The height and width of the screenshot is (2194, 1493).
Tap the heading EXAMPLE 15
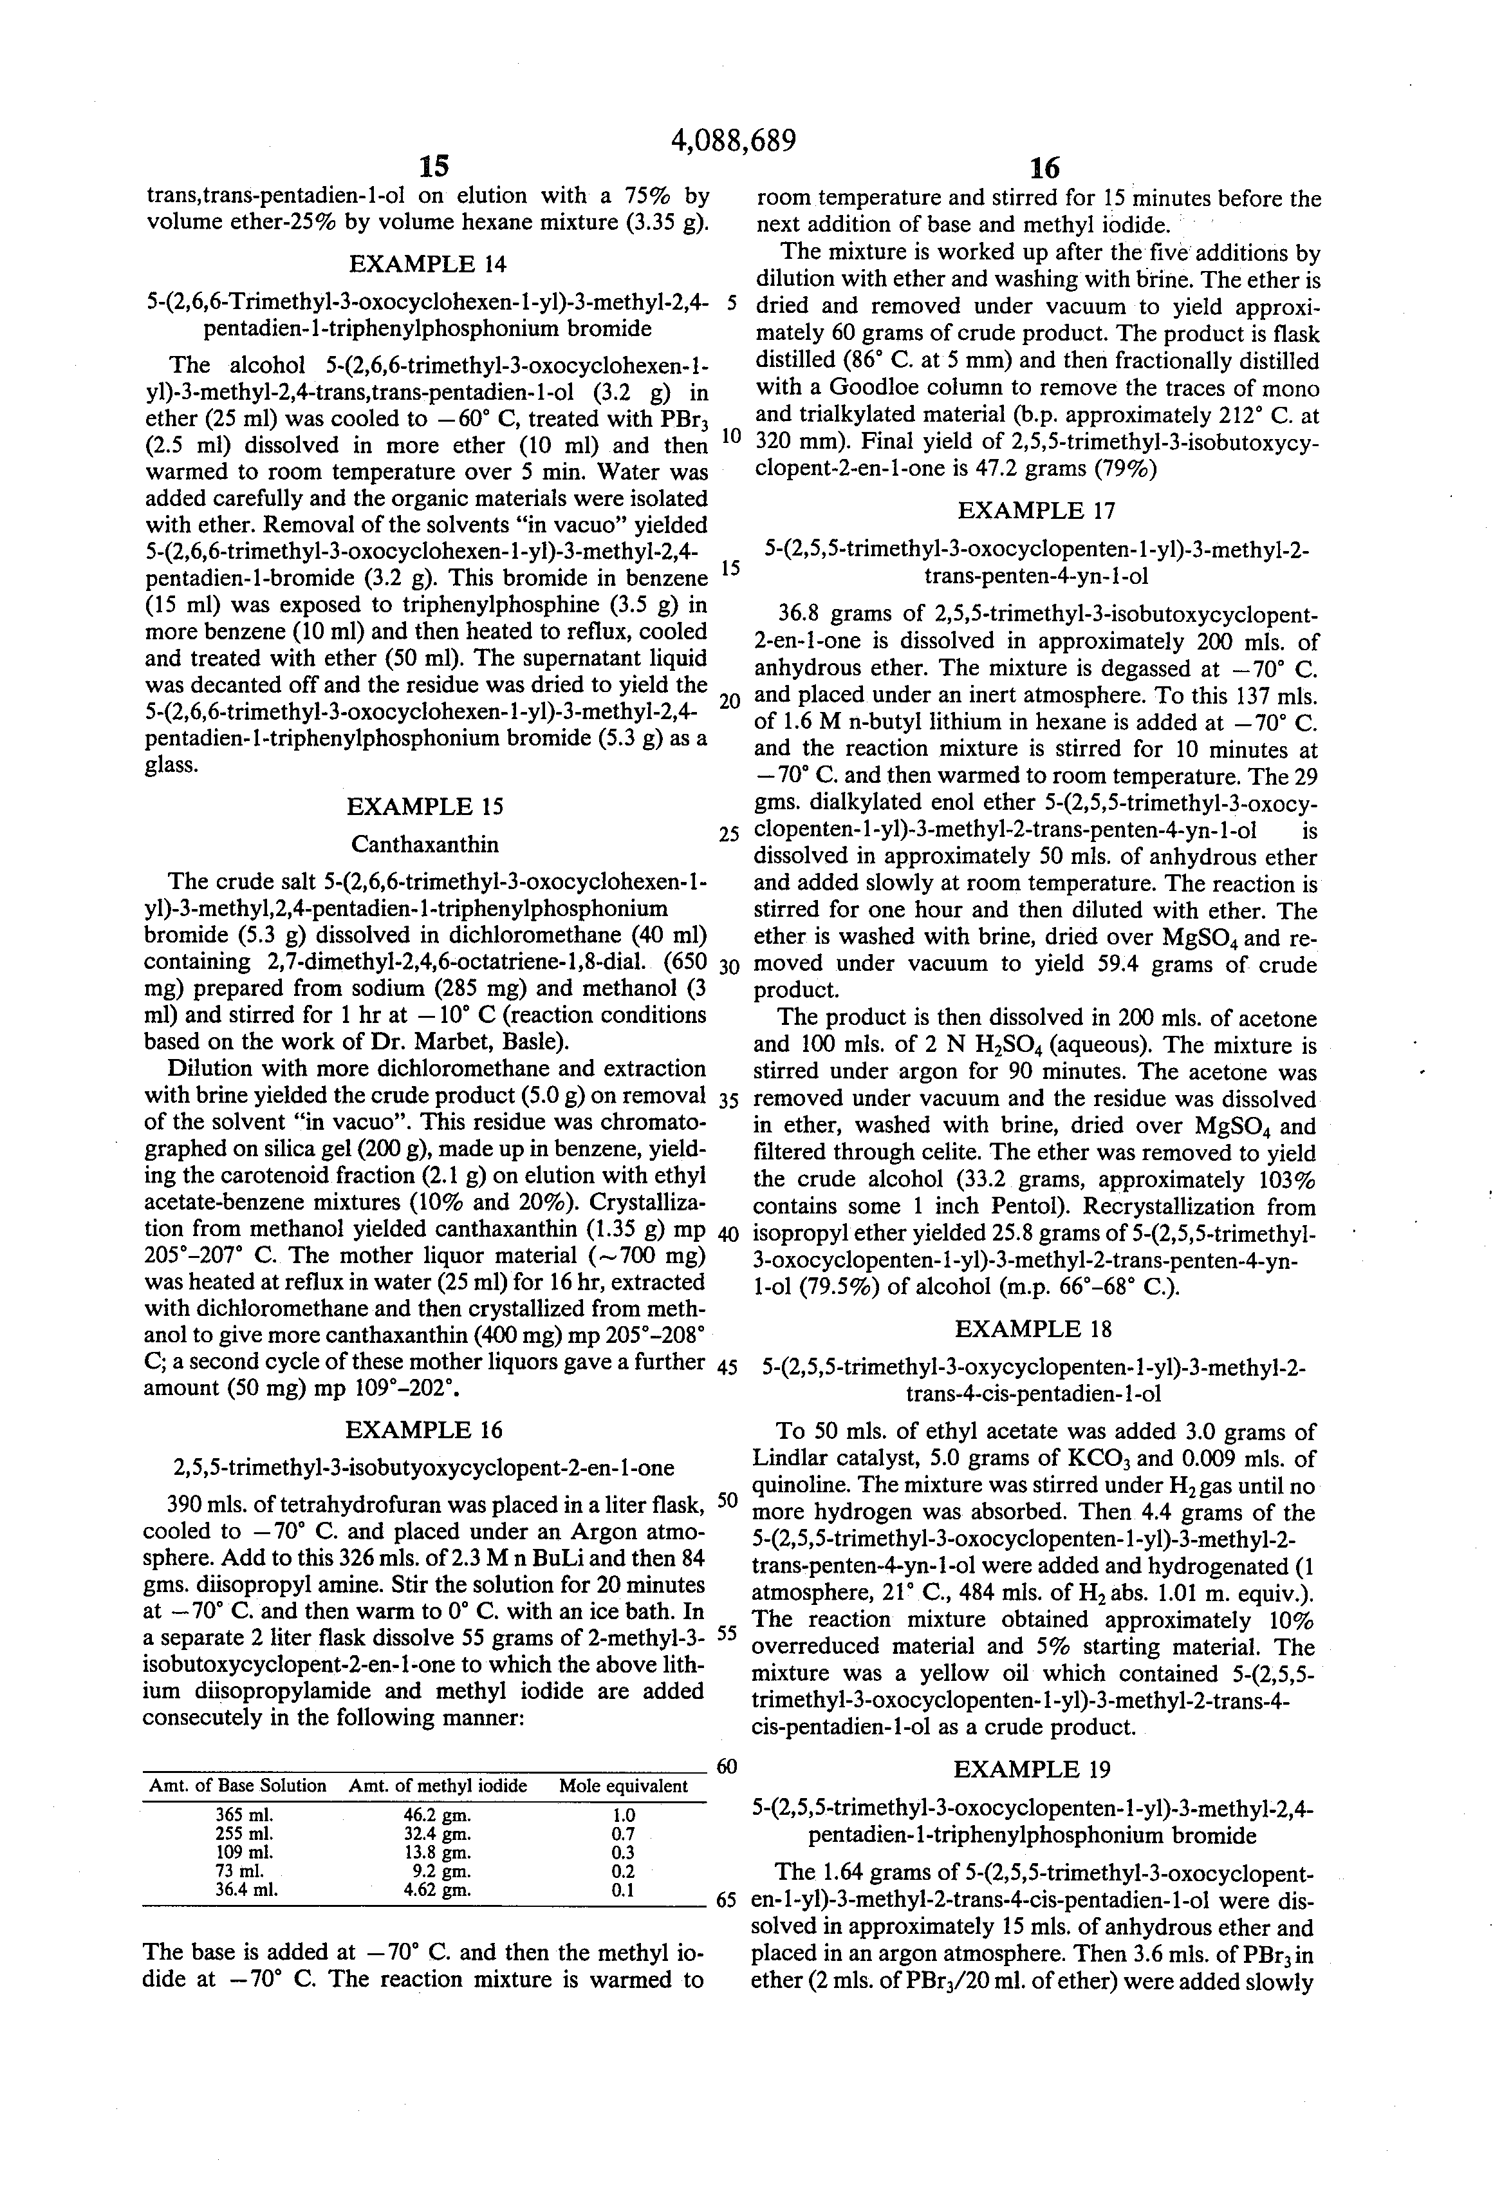click(x=425, y=806)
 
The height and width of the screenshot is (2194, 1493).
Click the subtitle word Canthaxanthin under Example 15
click(x=425, y=843)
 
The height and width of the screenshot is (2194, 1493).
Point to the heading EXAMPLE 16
click(x=425, y=1429)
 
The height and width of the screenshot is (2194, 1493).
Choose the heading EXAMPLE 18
click(x=1034, y=1329)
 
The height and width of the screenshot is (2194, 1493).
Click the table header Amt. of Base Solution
click(x=238, y=1785)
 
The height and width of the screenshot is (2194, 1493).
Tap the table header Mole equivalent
click(x=623, y=1785)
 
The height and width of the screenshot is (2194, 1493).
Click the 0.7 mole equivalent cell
click(x=623, y=1833)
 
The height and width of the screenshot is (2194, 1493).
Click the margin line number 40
click(x=728, y=1234)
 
